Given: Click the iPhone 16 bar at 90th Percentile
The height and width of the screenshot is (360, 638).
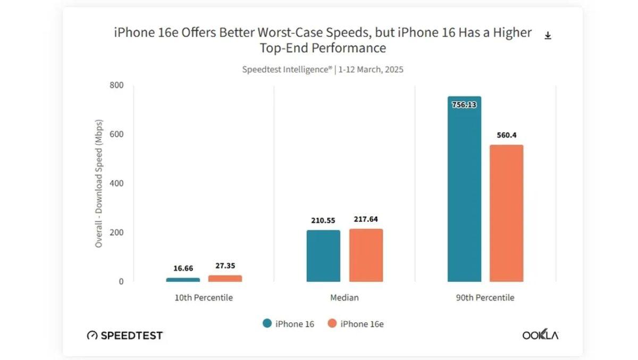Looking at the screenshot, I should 464,191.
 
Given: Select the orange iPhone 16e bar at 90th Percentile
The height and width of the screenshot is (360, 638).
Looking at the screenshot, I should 506,213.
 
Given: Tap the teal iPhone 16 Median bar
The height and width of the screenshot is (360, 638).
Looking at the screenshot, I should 323,256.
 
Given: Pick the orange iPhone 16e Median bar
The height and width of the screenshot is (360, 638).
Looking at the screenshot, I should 366,255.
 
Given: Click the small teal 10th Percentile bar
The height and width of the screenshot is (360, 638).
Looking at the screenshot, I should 183,279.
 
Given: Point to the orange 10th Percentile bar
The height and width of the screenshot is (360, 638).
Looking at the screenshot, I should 225,278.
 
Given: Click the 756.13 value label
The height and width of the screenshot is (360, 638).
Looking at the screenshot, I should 464,105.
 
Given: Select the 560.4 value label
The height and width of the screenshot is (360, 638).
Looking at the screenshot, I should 506,135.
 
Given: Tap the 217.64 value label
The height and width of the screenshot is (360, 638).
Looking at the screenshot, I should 366,219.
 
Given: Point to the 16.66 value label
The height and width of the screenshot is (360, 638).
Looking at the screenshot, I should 183,269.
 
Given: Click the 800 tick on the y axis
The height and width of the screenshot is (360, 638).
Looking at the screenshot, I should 116,85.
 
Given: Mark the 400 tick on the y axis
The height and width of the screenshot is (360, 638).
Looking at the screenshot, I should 116,183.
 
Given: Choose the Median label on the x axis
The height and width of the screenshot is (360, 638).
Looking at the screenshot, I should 345,298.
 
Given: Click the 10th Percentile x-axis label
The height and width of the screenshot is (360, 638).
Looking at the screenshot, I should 204,298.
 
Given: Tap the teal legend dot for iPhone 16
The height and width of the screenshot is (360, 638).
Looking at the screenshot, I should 267,323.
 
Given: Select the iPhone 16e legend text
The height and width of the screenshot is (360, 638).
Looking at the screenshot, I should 362,324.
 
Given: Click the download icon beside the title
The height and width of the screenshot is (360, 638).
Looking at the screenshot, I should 548,36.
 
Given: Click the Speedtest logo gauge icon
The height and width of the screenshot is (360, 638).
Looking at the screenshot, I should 92,336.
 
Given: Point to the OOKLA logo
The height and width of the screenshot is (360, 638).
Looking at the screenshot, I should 540,335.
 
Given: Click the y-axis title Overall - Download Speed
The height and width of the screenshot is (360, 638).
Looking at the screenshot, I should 99,183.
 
